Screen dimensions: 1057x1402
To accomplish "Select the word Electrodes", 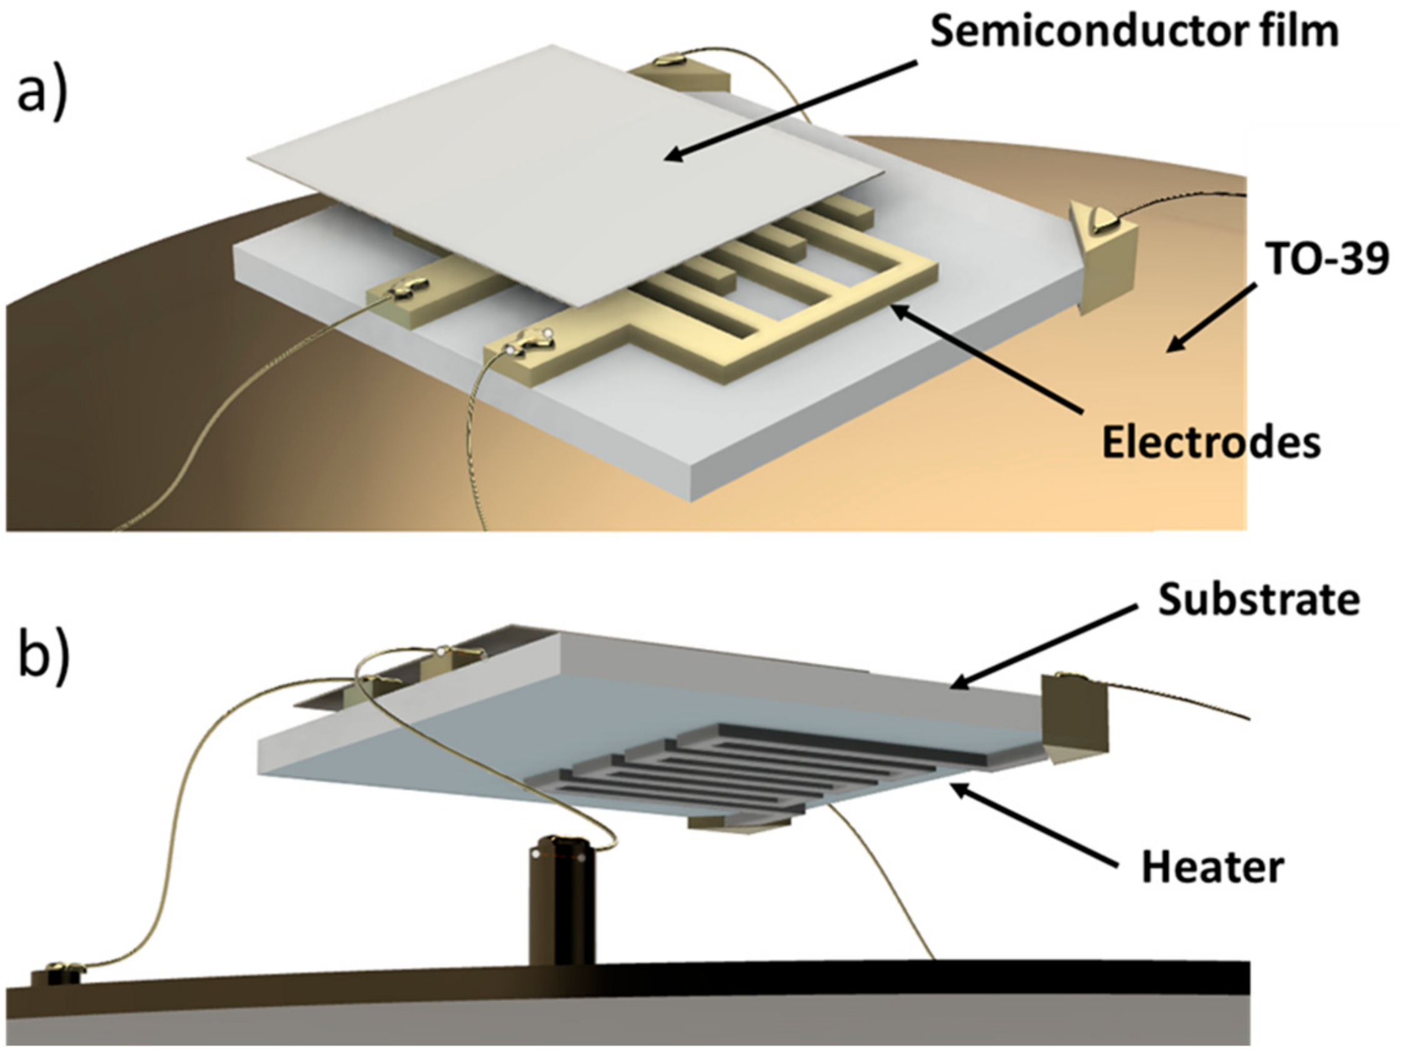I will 1211,442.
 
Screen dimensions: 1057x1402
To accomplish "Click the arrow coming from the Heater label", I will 1040,824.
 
